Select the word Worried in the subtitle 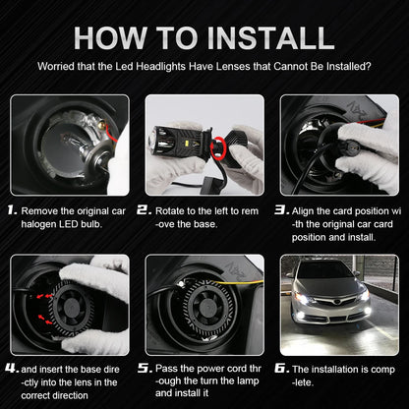click(x=57, y=67)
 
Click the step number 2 click(x=145, y=210)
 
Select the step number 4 click(x=12, y=368)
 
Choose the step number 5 click(x=145, y=368)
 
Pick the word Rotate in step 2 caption click(x=170, y=210)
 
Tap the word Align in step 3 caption click(x=307, y=210)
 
